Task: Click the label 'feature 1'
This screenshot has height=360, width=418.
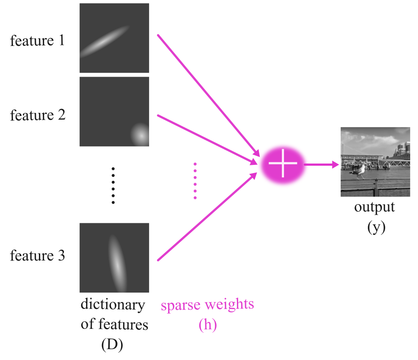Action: coord(37,41)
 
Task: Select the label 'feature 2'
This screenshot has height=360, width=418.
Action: coord(37,116)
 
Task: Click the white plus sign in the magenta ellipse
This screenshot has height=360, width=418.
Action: coord(283,164)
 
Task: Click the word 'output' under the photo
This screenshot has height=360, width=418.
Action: coord(374,207)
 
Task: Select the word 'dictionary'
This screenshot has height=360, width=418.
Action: coord(113,305)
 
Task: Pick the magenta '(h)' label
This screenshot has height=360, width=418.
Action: coord(207,325)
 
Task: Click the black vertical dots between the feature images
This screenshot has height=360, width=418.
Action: coord(113,185)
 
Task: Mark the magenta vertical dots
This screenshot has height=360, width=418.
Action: coord(195,181)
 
